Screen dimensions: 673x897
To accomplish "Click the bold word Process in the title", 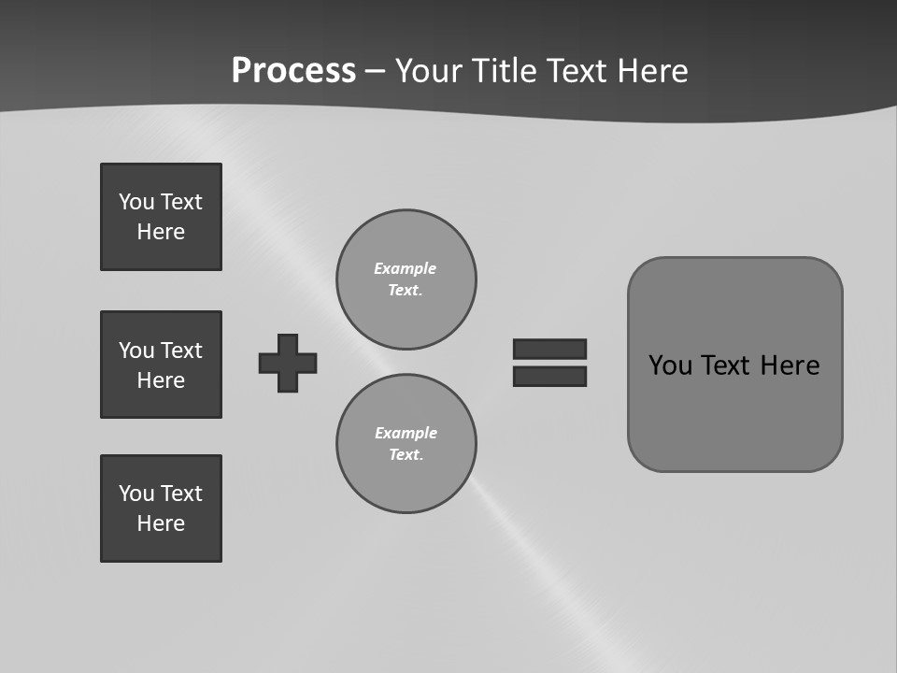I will coord(293,71).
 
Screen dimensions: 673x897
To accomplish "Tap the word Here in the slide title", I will coord(651,71).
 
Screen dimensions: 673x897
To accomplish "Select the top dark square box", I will coord(161,217).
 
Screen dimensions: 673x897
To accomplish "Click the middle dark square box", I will coord(161,365).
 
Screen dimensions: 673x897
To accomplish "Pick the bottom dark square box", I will coord(161,508).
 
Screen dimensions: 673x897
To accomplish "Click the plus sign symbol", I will coord(288,363).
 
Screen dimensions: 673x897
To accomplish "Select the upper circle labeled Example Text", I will coord(406,279).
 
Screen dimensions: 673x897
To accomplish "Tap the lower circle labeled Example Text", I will coord(406,444).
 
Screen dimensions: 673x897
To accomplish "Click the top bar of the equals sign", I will coord(550,349).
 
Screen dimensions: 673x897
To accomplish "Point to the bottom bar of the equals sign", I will coord(550,377).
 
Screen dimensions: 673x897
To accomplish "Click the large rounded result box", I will coord(734,411).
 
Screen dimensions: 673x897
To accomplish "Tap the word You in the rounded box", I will coord(670,365).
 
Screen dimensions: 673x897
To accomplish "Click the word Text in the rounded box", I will coord(728,365).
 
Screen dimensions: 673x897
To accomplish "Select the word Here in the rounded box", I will coord(790,365).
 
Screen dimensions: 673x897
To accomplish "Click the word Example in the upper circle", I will coord(406,268).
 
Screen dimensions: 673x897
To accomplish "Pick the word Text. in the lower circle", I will coord(406,455).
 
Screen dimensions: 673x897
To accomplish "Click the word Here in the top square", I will coord(161,232).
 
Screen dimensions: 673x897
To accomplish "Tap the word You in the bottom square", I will coord(135,494).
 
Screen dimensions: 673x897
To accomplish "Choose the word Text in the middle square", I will coord(181,351).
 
